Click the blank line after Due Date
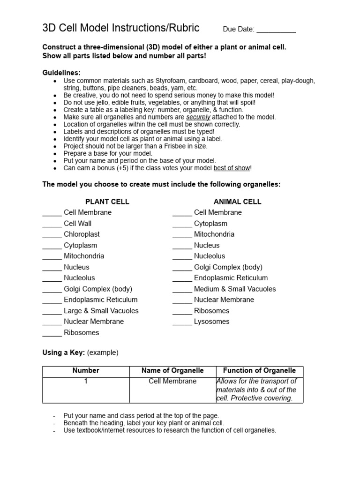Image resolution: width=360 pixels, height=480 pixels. coord(276,30)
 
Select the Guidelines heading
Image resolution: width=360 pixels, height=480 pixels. coord(61,73)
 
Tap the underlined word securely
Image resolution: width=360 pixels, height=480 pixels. coord(198,117)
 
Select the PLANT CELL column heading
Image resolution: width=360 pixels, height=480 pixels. coord(107,202)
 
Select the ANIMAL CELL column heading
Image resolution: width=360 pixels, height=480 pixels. coord(237,202)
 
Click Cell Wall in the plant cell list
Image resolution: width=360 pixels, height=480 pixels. coord(78,224)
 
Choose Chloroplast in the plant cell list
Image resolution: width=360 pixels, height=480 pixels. coord(82,234)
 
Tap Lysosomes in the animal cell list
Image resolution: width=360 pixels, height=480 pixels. coord(212,322)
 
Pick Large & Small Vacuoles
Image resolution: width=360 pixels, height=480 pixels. coord(101,311)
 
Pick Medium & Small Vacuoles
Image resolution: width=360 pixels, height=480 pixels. coord(235,289)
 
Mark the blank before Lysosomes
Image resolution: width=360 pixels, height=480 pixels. coord(182,322)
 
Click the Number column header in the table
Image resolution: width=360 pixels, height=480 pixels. coord(86,371)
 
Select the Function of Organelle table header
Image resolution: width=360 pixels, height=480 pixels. coord(259,371)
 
